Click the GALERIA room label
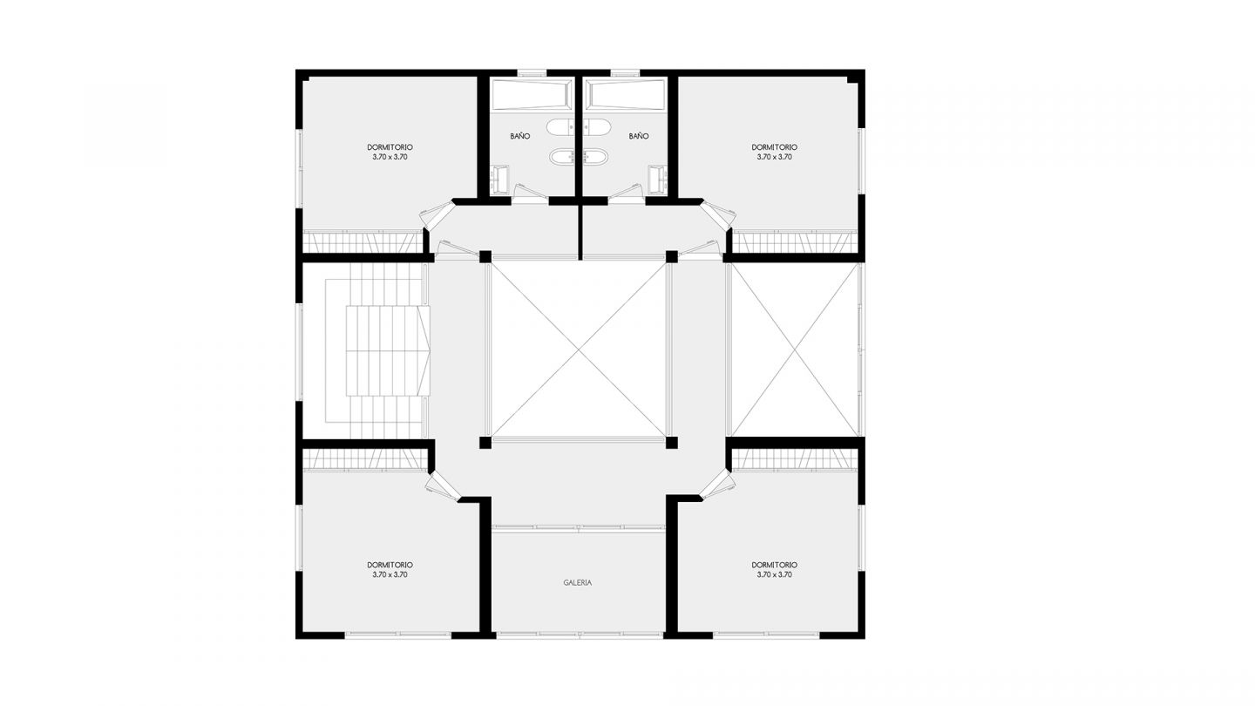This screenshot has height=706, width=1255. point(577,583)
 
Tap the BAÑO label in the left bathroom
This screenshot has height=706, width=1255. point(520,136)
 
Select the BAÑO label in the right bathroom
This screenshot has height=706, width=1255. point(639,136)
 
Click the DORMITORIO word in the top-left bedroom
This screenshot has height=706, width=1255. point(390,147)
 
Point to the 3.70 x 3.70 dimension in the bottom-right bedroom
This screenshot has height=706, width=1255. point(774,575)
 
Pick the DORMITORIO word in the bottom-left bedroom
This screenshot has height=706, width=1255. point(390,565)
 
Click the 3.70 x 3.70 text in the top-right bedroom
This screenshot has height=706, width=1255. point(774,158)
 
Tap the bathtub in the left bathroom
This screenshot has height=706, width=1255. point(531,94)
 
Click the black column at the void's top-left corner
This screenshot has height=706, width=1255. point(485,256)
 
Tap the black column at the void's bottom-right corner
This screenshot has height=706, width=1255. point(672,443)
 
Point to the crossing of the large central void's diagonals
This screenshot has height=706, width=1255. point(579,350)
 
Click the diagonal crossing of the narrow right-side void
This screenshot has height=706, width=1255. point(795,350)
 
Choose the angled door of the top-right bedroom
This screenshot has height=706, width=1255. point(717,215)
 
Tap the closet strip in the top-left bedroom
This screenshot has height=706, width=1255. point(362,242)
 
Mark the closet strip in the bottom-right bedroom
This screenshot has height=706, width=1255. point(795,460)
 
